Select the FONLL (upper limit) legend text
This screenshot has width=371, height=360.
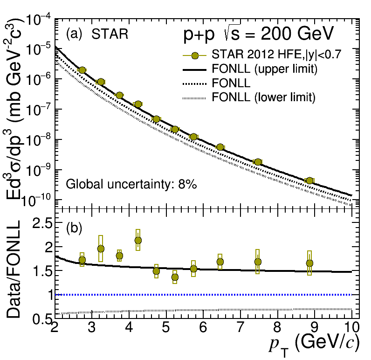[x=264, y=70]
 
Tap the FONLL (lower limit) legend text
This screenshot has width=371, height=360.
[x=263, y=97]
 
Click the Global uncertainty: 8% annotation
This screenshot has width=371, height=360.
[x=131, y=184]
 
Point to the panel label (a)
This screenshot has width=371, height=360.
[x=74, y=34]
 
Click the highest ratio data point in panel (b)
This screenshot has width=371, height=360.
[x=138, y=241]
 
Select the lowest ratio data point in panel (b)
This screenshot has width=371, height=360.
[x=175, y=277]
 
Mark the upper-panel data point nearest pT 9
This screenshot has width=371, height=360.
[x=309, y=180]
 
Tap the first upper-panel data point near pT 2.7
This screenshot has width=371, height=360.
[x=82, y=70]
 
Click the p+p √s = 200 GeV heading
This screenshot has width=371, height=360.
[x=258, y=34]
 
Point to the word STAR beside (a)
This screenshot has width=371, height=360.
[x=110, y=34]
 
